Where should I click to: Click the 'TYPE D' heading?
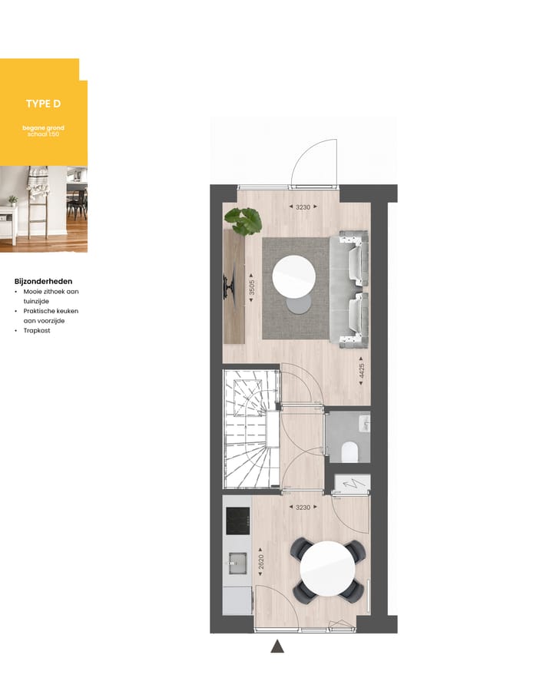point(42,104)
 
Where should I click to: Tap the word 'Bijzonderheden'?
point(43,281)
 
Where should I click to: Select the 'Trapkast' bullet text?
point(37,331)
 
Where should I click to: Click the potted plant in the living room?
point(243,221)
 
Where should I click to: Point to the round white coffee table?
point(294,276)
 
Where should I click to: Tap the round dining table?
point(327,570)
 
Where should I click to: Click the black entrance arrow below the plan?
point(277,646)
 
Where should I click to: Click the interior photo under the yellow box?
point(43,209)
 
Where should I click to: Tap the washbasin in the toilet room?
point(365,423)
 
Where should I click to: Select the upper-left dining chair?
point(300,549)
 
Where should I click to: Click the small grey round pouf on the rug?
point(298,305)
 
